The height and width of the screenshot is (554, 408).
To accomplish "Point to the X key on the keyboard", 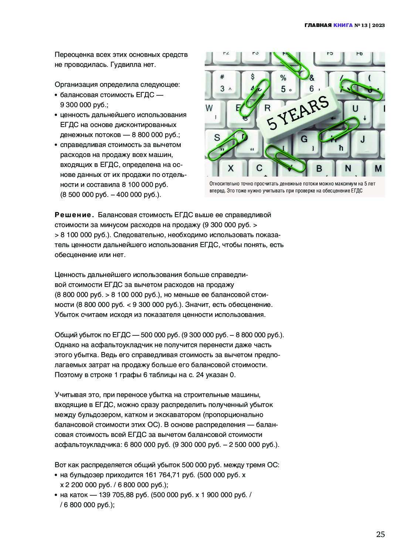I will click(231, 168).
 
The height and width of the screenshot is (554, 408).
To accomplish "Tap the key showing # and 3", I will click(223, 83).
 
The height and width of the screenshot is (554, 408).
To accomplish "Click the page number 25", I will click(380, 534).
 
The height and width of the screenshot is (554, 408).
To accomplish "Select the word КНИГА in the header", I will click(343, 25).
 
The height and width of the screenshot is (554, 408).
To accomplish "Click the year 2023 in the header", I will click(378, 25).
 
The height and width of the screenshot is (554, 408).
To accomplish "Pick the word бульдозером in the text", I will click(86, 415).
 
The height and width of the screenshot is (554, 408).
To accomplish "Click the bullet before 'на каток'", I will click(56, 495).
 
